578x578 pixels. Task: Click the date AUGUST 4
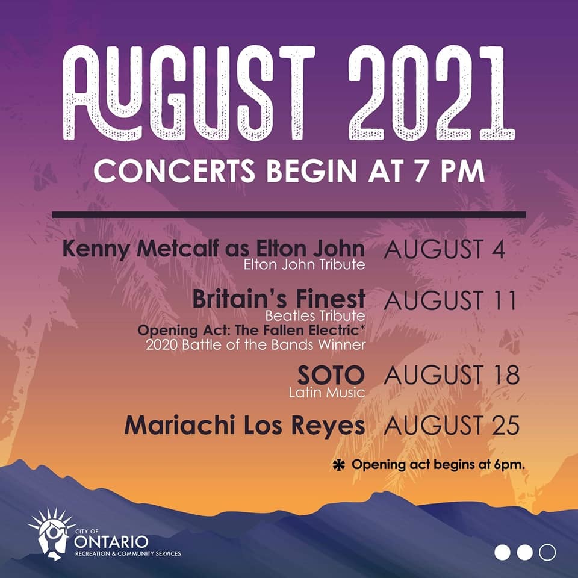[x=444, y=250]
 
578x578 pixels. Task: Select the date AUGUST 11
[x=450, y=300]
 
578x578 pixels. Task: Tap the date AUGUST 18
[x=451, y=375]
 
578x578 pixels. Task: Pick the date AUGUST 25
[x=451, y=426]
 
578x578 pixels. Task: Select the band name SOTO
[x=331, y=376]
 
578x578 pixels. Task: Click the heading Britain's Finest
[x=279, y=299]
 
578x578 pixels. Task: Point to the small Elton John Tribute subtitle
[x=304, y=264]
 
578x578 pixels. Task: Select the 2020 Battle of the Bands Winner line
[x=255, y=345]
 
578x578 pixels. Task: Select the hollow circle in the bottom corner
[x=547, y=552]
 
